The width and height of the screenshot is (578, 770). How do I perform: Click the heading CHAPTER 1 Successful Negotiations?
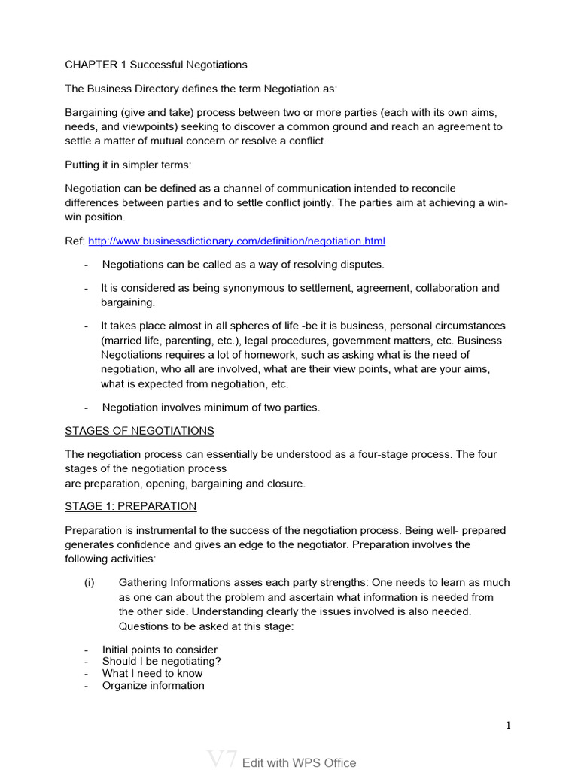pos(156,65)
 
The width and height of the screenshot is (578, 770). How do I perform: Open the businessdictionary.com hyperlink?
pos(236,241)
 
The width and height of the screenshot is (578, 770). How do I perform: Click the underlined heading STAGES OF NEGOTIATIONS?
pos(139,431)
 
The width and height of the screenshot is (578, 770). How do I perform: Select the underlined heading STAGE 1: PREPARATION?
pos(130,506)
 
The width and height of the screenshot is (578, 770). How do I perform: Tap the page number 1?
pos(508,726)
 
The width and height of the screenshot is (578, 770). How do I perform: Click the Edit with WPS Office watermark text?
pos(299,762)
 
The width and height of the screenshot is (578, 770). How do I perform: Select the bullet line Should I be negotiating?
pos(161,662)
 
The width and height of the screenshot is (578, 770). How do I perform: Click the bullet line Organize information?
pos(153,685)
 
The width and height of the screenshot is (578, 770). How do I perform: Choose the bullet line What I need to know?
pos(152,673)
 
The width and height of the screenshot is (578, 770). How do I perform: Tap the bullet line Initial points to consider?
pos(160,650)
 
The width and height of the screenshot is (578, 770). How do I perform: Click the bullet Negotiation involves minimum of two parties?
pos(211,408)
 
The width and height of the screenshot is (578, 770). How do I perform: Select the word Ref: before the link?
pos(75,241)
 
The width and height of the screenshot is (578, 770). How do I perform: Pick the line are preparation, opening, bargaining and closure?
pos(185,484)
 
